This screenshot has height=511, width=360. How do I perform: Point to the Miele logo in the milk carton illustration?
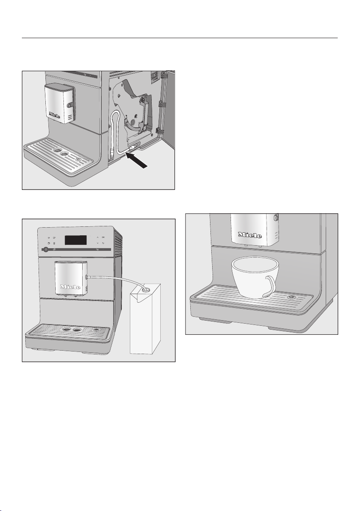[x=71, y=286]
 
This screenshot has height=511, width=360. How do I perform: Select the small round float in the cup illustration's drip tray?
[x=293, y=297]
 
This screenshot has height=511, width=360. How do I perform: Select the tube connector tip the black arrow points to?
[x=131, y=149]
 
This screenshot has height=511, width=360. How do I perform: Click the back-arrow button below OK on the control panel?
[x=103, y=243]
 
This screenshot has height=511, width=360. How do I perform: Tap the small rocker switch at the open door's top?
[x=154, y=78]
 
